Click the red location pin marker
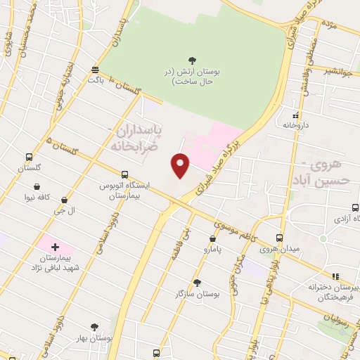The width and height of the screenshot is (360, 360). coord(181,165)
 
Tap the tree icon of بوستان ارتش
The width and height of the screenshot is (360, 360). coord(193,61)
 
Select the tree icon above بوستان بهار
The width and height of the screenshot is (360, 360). coord(95,327)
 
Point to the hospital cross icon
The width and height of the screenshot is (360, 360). coord(55,247)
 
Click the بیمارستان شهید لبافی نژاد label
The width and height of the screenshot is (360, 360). coord(56,264)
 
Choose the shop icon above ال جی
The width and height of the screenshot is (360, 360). coord(65,200)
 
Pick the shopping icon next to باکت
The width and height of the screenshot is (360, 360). coord(95,70)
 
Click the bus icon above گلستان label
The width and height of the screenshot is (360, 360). coord(29,157)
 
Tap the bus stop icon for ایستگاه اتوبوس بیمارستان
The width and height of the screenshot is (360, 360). coord(124,174)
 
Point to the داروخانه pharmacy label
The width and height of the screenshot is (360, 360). coord(296,124)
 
